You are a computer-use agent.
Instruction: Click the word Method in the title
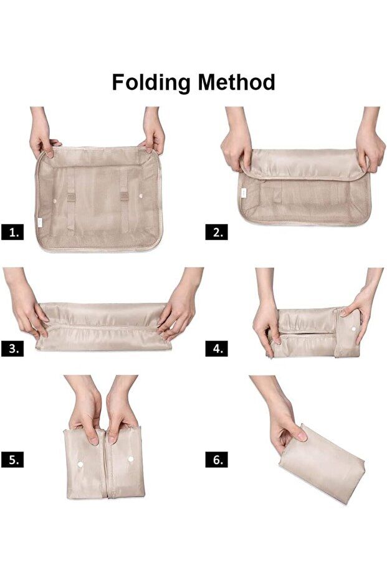pos(236,82)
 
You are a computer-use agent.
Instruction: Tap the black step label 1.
pos(12,232)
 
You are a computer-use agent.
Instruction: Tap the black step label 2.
pos(216,232)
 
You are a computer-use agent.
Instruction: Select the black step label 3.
pos(12,348)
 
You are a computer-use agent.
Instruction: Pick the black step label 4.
pos(216,348)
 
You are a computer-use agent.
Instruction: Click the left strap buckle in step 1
pos(72,197)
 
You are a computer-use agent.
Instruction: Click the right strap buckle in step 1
pos(124,196)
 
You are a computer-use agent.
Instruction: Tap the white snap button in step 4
pos(353,328)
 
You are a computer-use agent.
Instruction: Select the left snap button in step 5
pos(80,464)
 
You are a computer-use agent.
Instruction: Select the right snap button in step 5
pos(131,459)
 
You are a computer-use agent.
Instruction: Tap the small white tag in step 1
pos(40,222)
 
